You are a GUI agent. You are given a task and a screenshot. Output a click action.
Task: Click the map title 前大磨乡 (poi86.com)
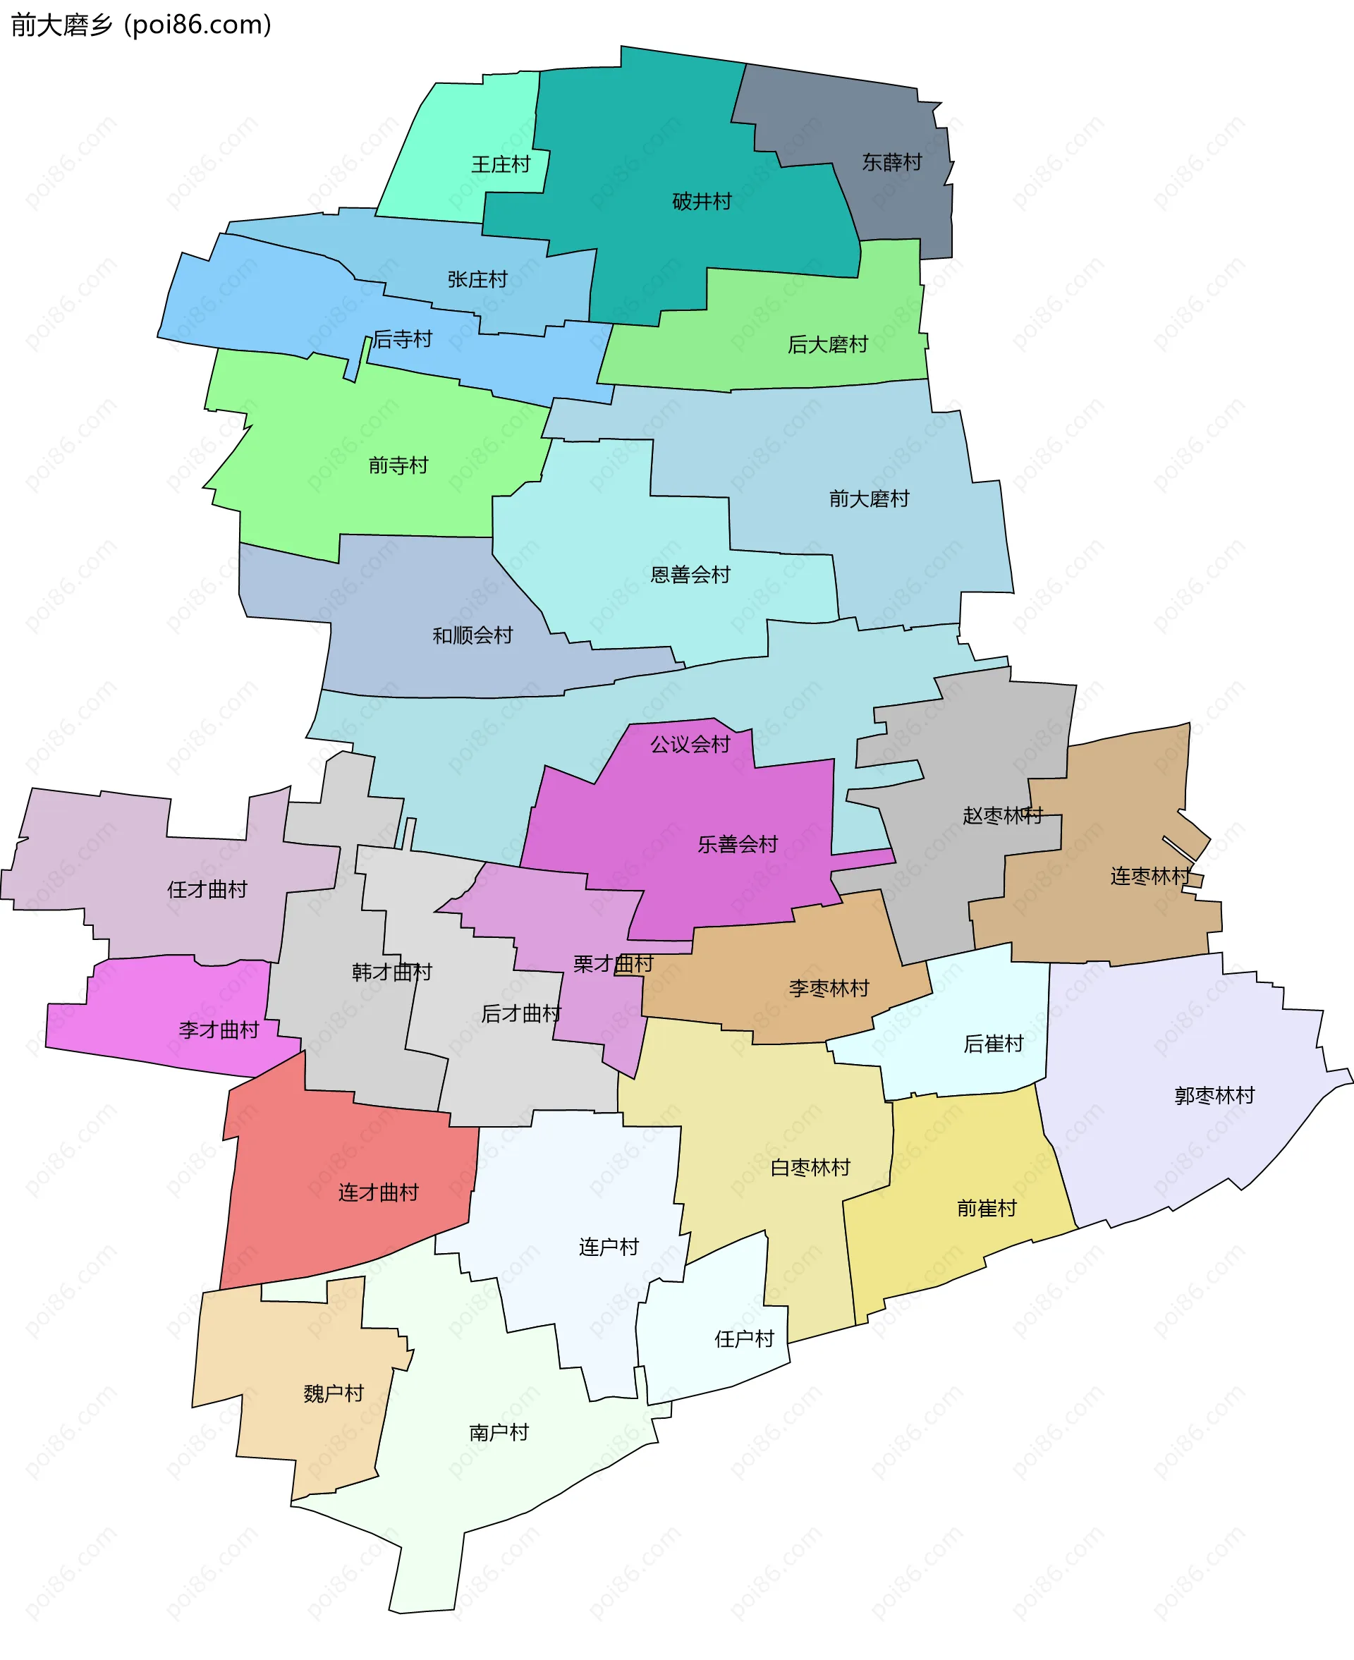coord(141,25)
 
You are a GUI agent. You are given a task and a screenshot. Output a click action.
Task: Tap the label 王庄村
coord(501,164)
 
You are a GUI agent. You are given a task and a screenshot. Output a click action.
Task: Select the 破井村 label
coord(702,202)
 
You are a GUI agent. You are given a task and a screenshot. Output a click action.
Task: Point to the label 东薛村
coord(891,162)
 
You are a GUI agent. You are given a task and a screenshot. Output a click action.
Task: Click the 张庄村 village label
coord(477,279)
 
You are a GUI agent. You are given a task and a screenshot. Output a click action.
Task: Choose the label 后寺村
coord(403,339)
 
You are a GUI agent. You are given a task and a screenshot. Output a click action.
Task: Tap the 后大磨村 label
coord(827,345)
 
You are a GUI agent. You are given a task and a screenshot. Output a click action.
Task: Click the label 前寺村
coord(398,465)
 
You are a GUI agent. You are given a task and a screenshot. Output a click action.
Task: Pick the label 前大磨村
coord(869,499)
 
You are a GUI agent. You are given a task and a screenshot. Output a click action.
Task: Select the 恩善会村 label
coord(690,575)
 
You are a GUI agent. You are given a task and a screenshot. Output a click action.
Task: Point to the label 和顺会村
coord(472,635)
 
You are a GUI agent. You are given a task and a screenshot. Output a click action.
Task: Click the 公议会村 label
coord(690,745)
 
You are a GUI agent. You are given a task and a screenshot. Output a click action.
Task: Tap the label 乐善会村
coord(738,843)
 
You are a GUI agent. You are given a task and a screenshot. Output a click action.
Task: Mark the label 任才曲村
coord(207,890)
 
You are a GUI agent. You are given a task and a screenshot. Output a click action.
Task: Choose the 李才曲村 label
coord(219,1030)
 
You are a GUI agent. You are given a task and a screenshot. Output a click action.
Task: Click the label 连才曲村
coord(378,1192)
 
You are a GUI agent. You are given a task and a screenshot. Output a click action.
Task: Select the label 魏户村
coord(334,1393)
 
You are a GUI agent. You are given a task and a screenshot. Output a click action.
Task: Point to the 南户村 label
coord(499,1432)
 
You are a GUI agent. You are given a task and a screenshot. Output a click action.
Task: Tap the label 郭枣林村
coord(1214,1095)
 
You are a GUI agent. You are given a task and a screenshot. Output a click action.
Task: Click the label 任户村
coord(744,1338)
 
